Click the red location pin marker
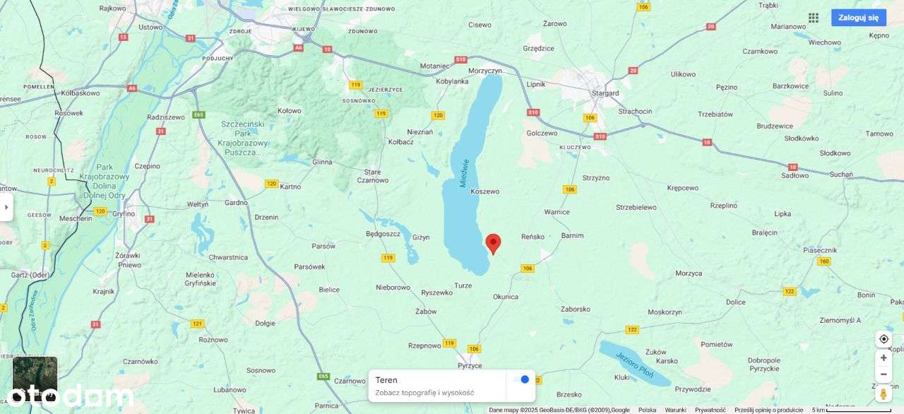point(493,243)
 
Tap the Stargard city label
point(605,93)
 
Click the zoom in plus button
point(883,358)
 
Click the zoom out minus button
point(883,374)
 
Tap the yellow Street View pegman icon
point(883,394)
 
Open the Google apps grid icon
point(814,18)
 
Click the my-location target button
point(883,339)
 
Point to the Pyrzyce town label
point(470,365)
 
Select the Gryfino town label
point(123,213)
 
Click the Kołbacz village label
point(401,141)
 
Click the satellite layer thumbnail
point(35,378)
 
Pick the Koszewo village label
point(484,191)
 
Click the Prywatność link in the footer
point(710,410)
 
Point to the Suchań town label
point(841,175)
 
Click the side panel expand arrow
point(6,207)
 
